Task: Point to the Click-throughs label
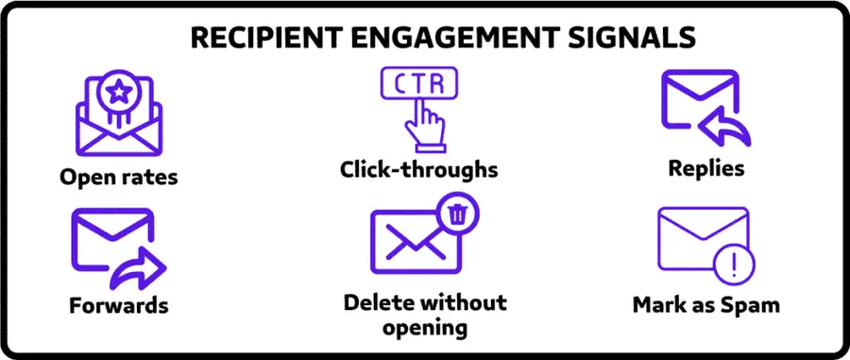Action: pos(419,170)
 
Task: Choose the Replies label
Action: pos(705,169)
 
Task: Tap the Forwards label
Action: pos(119,305)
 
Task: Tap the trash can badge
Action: pos(458,214)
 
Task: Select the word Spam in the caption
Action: pos(751,305)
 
